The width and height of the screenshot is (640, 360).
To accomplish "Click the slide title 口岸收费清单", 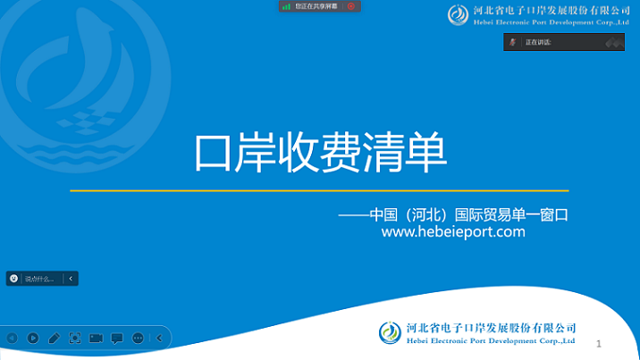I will tap(320, 153).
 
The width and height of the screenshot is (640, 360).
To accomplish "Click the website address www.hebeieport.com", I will tap(452, 232).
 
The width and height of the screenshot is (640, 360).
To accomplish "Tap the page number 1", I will tap(598, 343).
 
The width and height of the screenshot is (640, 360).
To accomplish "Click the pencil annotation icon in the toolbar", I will tap(54, 339).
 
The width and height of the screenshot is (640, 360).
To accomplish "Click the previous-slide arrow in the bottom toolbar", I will tap(12, 339).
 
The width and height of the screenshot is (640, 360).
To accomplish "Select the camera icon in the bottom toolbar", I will tap(96, 339).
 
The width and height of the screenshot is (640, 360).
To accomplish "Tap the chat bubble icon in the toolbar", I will tap(117, 339).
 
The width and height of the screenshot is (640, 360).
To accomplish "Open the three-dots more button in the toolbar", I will tap(138, 339).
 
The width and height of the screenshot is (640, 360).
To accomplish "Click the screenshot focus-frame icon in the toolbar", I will tap(75, 339).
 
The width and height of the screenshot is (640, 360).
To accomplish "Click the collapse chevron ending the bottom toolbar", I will tap(159, 339).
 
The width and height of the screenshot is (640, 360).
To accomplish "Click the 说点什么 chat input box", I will tap(40, 279).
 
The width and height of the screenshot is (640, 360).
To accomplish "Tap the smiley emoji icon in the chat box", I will tap(14, 279).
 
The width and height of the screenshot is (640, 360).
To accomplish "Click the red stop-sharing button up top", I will tap(351, 6).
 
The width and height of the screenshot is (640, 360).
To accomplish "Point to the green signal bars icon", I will tap(287, 6).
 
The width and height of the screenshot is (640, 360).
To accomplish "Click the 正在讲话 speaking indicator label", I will tap(538, 42).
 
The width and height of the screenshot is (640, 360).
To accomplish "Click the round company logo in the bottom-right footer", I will tap(391, 333).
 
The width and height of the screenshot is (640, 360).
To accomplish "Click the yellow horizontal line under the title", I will tap(319, 190).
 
